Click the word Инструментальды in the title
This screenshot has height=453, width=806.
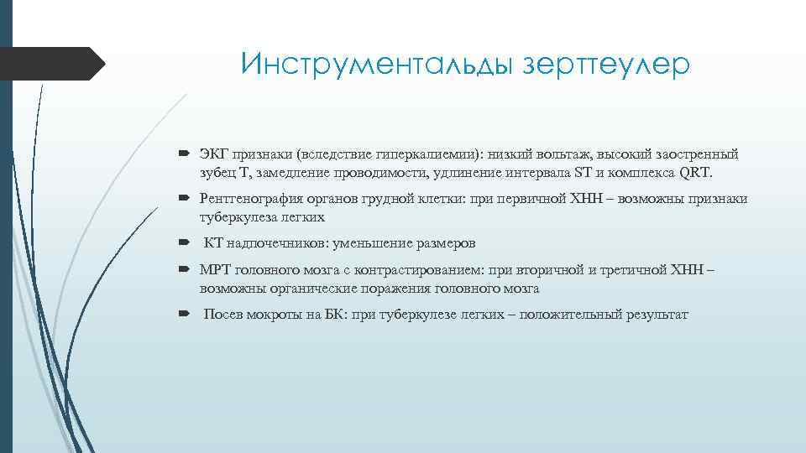(373, 64)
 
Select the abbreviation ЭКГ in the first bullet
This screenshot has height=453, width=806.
(213, 154)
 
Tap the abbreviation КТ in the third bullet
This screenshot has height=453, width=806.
(214, 243)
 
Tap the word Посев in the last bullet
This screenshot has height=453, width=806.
(222, 315)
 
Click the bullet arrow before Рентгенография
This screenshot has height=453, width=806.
(185, 200)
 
